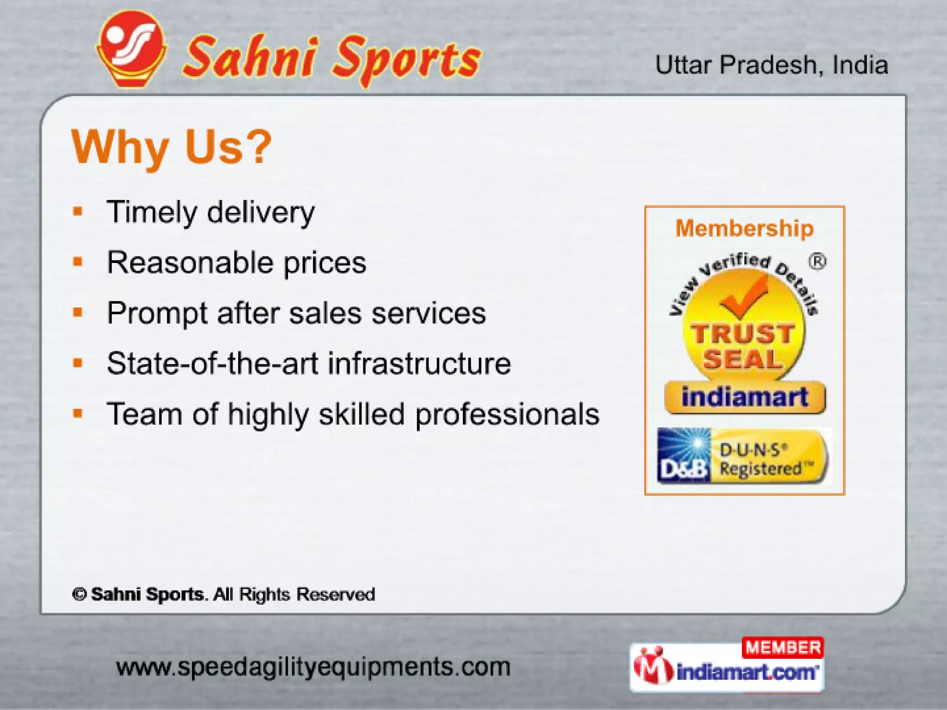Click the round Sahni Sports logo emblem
click(x=131, y=49)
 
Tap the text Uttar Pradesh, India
click(x=771, y=65)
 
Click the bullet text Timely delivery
click(x=210, y=213)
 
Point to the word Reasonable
click(x=190, y=263)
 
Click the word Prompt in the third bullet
click(x=157, y=313)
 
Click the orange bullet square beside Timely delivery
click(x=78, y=212)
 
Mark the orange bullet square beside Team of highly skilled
click(x=78, y=413)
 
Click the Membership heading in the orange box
click(x=744, y=228)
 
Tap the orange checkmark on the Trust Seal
click(x=742, y=296)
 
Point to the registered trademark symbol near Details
click(x=817, y=262)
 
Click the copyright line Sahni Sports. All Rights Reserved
click(x=224, y=594)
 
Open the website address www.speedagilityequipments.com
click(x=313, y=667)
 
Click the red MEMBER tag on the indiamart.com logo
click(x=782, y=648)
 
